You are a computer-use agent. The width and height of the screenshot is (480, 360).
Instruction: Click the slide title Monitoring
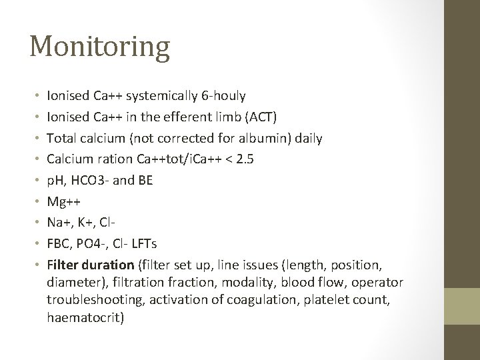click(x=99, y=47)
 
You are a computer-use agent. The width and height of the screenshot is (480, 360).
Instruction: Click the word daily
click(x=307, y=138)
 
